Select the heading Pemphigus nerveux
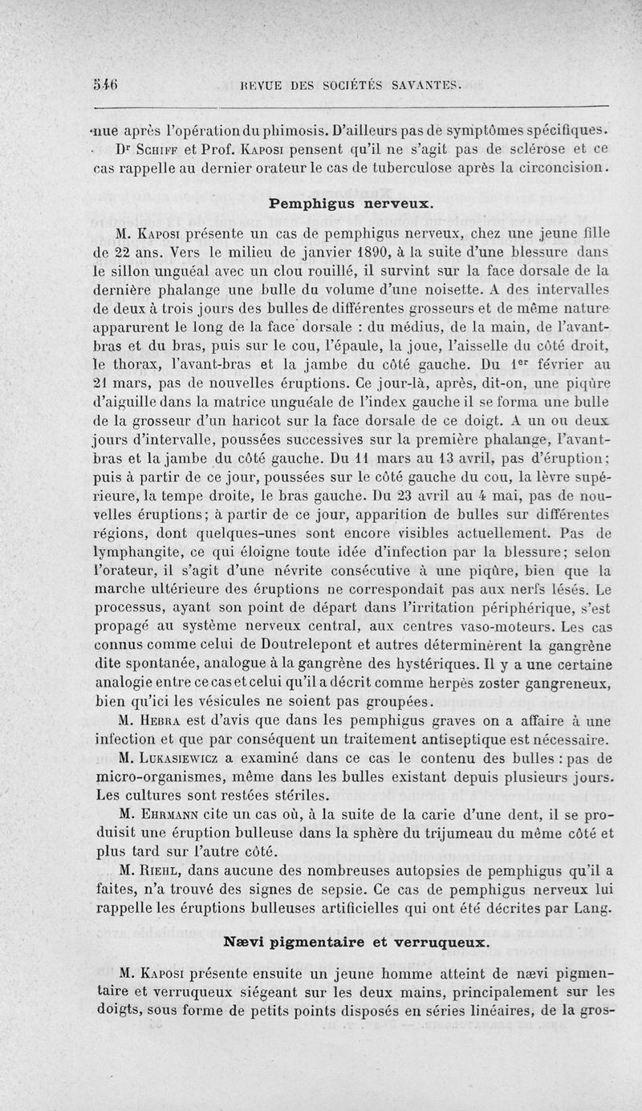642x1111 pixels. coord(352,204)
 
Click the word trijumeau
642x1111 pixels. coord(450,834)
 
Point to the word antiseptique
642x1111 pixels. coord(448,740)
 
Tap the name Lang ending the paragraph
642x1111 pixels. coord(594,908)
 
